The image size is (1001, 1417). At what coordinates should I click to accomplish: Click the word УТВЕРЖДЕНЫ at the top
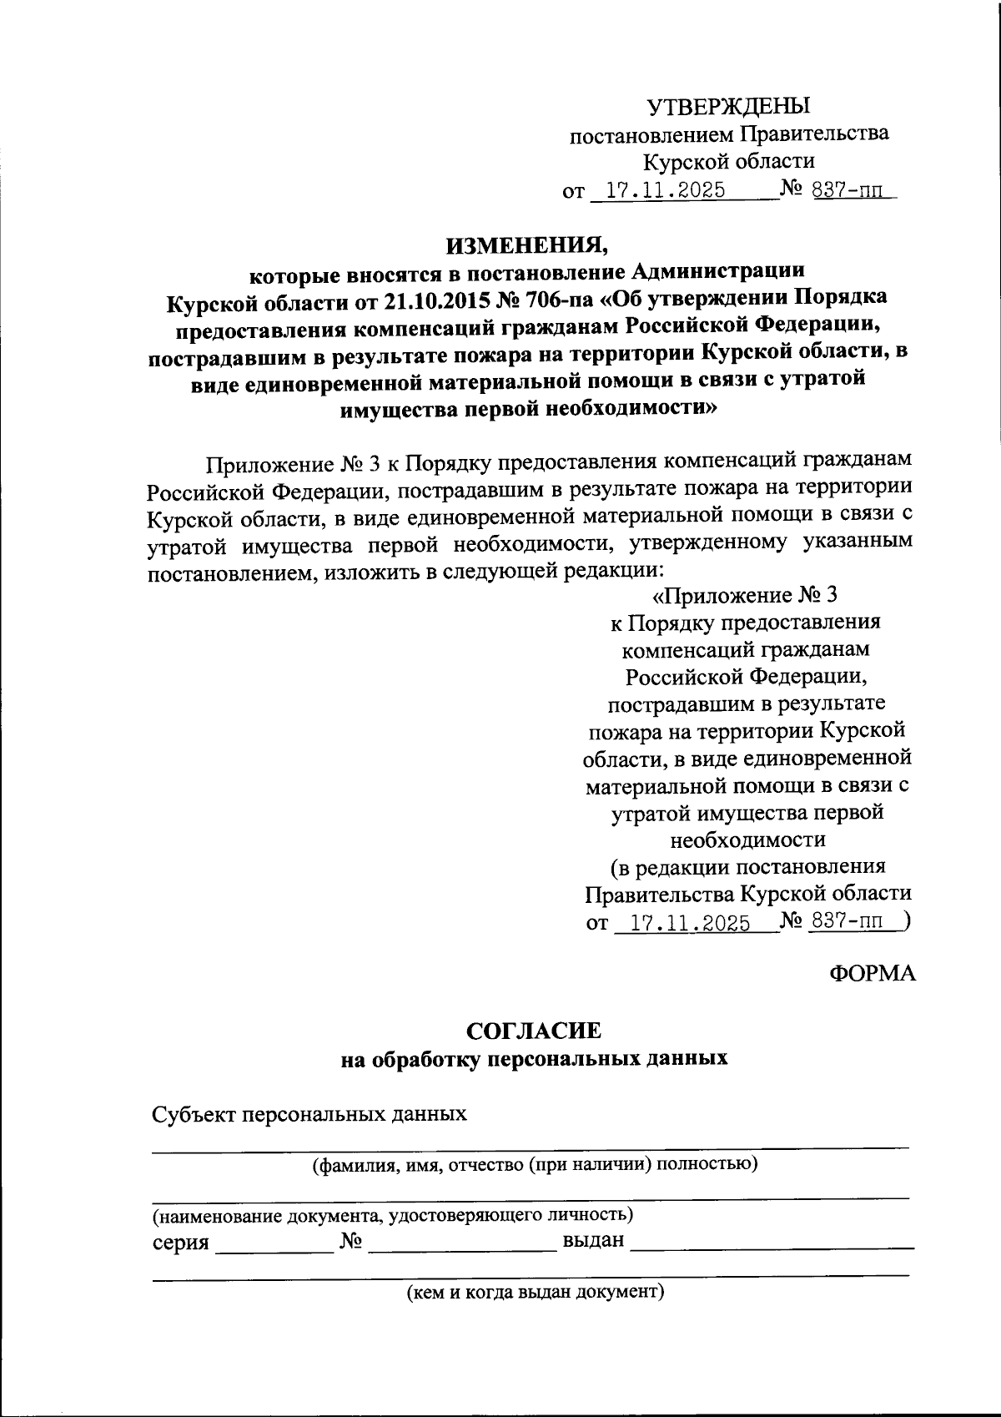click(729, 106)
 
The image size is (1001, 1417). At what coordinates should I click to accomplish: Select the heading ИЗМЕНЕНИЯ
click(527, 244)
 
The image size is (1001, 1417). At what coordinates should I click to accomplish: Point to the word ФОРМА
click(872, 973)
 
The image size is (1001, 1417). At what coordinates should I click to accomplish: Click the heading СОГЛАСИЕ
click(533, 1031)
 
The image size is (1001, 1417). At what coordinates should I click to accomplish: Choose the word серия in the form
click(180, 1242)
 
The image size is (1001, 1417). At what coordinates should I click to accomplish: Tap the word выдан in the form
click(593, 1240)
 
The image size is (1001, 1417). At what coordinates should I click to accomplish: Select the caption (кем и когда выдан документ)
click(534, 1293)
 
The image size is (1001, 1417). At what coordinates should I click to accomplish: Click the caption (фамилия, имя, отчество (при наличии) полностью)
click(534, 1164)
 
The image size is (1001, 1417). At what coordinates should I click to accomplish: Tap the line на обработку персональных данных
click(534, 1059)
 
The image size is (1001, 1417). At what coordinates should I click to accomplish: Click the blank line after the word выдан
click(772, 1248)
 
